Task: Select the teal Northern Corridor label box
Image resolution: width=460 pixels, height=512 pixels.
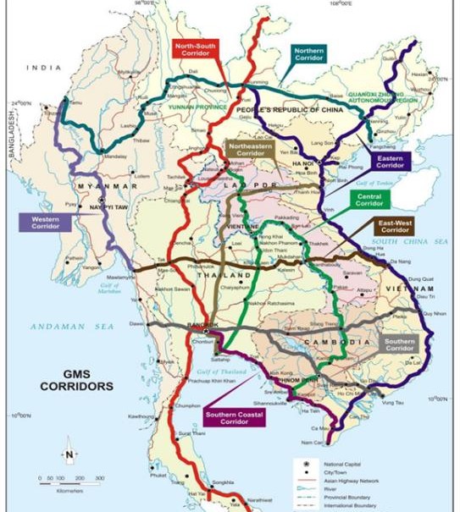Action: (x=308, y=55)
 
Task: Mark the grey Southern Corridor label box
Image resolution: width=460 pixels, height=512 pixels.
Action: (x=398, y=345)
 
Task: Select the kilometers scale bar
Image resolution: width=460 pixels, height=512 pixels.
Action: (x=69, y=480)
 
